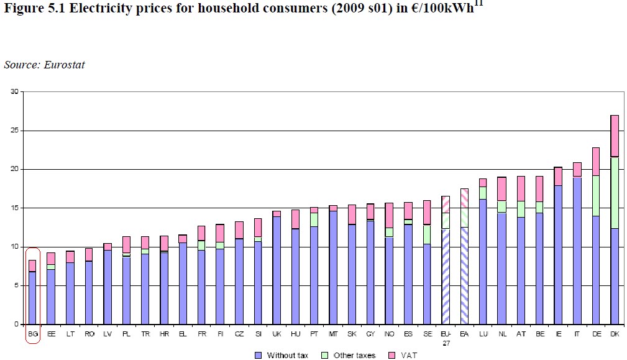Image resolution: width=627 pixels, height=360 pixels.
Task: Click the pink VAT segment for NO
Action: [389, 215]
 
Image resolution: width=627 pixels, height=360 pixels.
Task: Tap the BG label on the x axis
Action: [32, 334]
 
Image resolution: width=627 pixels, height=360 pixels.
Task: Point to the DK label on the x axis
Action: [615, 334]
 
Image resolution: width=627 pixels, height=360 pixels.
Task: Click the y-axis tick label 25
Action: [14, 131]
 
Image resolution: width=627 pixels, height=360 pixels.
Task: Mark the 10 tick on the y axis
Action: [14, 247]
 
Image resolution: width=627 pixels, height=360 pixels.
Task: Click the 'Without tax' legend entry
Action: [283, 355]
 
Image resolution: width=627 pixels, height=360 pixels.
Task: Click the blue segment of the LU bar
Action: [483, 261]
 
